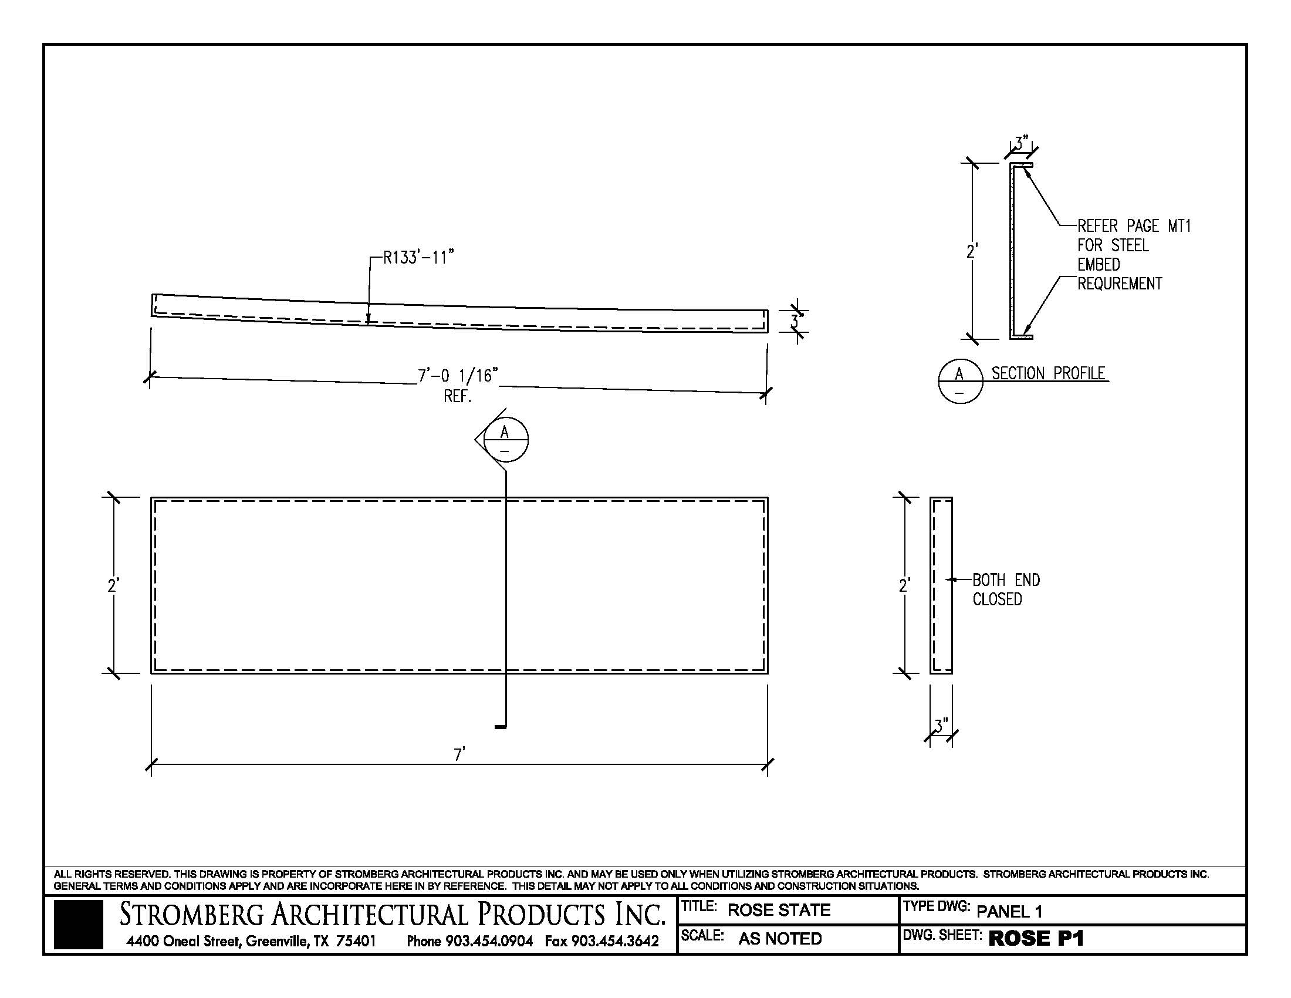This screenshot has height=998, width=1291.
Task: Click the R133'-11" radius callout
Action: point(418,258)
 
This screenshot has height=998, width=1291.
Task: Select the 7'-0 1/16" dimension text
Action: point(458,376)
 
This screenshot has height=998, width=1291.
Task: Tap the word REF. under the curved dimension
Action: point(458,396)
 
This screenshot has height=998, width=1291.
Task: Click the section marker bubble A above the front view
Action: point(505,440)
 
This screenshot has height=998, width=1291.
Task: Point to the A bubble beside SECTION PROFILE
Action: point(960,381)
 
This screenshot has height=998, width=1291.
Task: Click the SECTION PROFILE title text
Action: point(1048,373)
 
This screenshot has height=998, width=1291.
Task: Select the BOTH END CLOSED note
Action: point(1005,589)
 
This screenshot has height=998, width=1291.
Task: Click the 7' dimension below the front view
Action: point(459,754)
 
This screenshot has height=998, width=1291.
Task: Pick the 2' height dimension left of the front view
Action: point(113,585)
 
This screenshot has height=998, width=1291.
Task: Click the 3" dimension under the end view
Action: point(941,725)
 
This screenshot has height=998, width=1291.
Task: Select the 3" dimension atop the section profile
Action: point(1022,143)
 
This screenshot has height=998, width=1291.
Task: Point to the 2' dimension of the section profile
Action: point(972,251)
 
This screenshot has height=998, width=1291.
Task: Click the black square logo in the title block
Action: point(78,925)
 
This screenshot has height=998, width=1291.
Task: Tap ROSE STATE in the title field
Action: point(779,910)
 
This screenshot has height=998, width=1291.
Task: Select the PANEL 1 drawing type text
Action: point(1009,911)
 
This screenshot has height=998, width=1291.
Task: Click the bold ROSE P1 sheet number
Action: point(1036,938)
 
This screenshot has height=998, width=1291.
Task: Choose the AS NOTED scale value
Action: point(780,938)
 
